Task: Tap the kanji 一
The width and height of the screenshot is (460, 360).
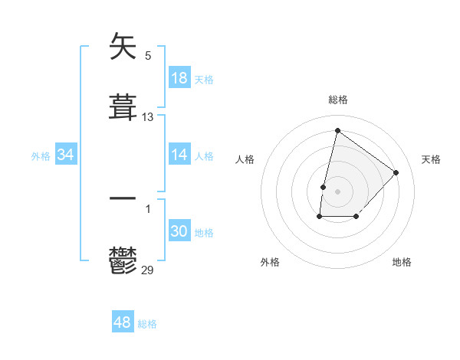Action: (123, 198)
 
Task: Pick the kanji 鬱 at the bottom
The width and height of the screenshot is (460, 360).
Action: (123, 260)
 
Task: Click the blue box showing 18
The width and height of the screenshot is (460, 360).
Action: (179, 77)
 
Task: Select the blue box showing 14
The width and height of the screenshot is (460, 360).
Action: (179, 155)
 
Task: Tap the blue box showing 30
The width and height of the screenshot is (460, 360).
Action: (179, 231)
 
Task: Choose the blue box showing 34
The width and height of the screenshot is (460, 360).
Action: (66, 155)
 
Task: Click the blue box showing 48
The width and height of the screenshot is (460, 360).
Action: (123, 322)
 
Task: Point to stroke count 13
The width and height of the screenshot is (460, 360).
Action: (148, 117)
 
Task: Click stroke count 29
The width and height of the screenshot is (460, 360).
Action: (148, 270)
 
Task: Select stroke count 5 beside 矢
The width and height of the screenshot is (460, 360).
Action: (148, 55)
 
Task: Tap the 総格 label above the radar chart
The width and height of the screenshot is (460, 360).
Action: (337, 100)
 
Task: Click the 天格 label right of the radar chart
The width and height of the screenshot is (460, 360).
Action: (431, 159)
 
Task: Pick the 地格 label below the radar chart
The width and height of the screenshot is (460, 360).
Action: (402, 262)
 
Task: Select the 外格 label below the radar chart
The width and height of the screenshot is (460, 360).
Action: (270, 262)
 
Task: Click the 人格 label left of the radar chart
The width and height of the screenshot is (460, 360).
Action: (245, 159)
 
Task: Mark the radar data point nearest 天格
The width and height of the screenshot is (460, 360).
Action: (396, 172)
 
